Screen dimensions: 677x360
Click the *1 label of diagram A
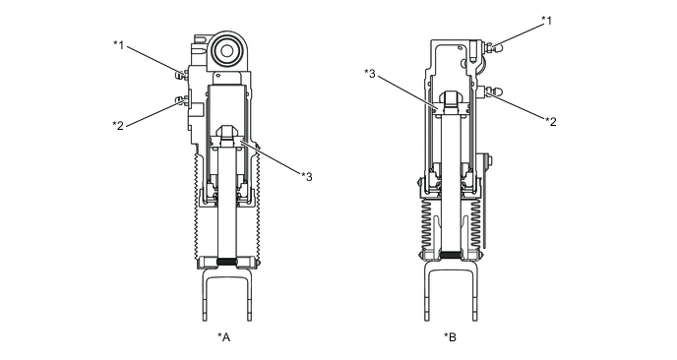click(x=119, y=44)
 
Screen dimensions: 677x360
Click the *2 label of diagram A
click(x=118, y=125)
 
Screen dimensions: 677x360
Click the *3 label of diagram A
click(x=307, y=176)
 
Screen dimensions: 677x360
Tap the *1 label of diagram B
click(x=546, y=21)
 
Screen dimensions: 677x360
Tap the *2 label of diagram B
click(x=551, y=122)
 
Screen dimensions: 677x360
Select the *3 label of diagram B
click(x=370, y=73)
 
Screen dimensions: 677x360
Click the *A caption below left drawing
click(x=223, y=336)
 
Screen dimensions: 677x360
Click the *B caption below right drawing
click(x=450, y=336)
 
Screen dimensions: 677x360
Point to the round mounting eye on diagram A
click(x=227, y=51)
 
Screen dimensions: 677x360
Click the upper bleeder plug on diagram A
click(x=182, y=75)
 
